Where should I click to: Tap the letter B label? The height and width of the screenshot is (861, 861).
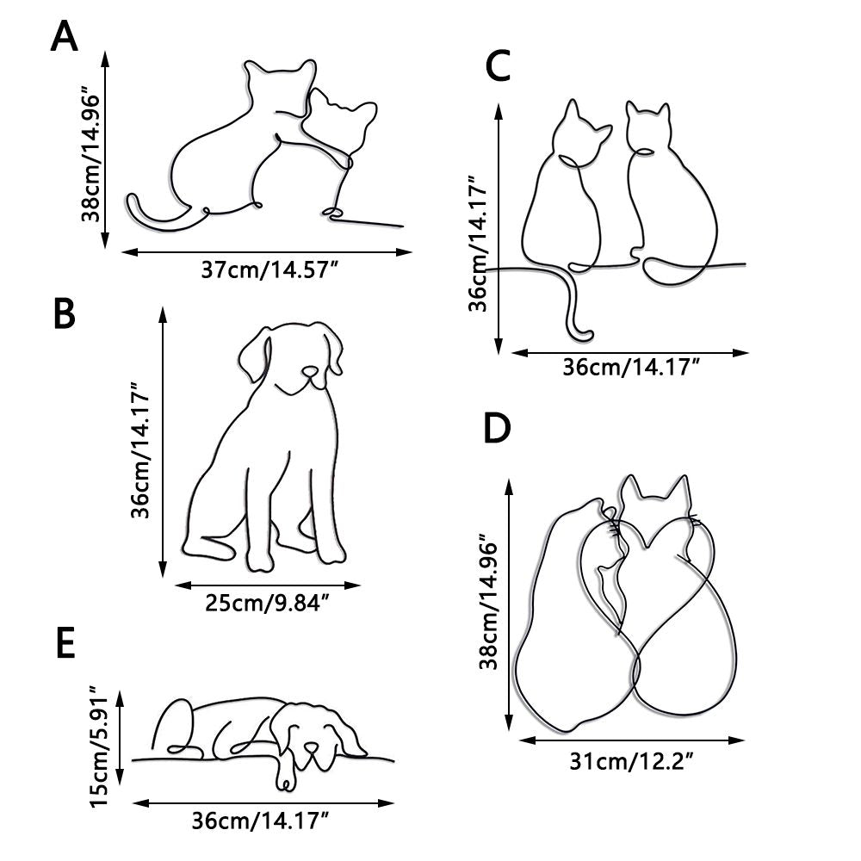pos(65,314)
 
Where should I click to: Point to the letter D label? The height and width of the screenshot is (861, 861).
pos(498,429)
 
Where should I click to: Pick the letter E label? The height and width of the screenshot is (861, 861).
pos(65,646)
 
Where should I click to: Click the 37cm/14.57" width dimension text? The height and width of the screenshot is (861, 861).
pos(268,270)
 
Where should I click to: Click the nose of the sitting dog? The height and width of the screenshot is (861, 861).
pos(309,373)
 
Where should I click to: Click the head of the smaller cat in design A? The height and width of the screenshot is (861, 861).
pos(340,121)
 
